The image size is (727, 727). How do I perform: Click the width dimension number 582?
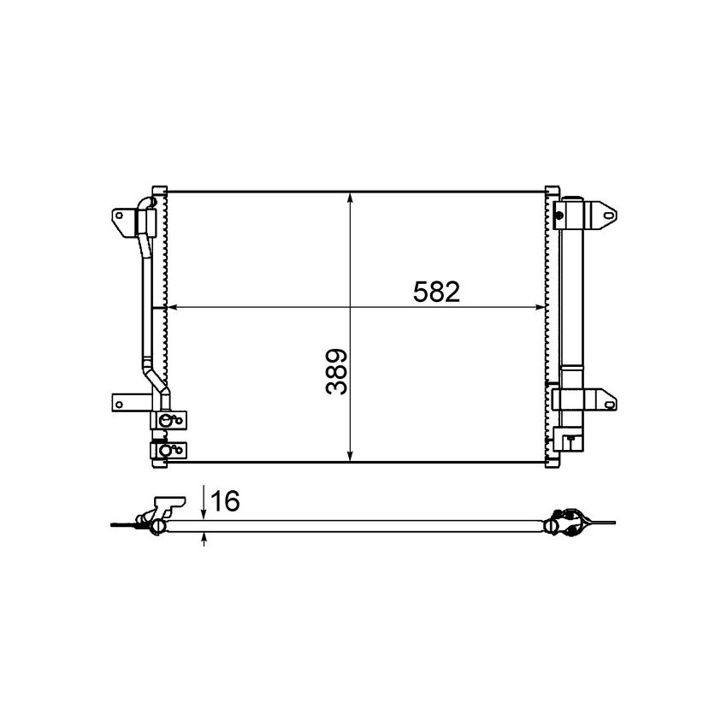pos(436,293)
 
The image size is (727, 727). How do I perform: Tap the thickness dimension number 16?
pos(225,501)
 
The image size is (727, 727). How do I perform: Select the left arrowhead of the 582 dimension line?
pos(169,305)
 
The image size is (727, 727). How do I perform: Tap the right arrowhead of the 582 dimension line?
pos(541,305)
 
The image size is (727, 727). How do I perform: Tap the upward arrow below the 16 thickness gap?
pos(204,540)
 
